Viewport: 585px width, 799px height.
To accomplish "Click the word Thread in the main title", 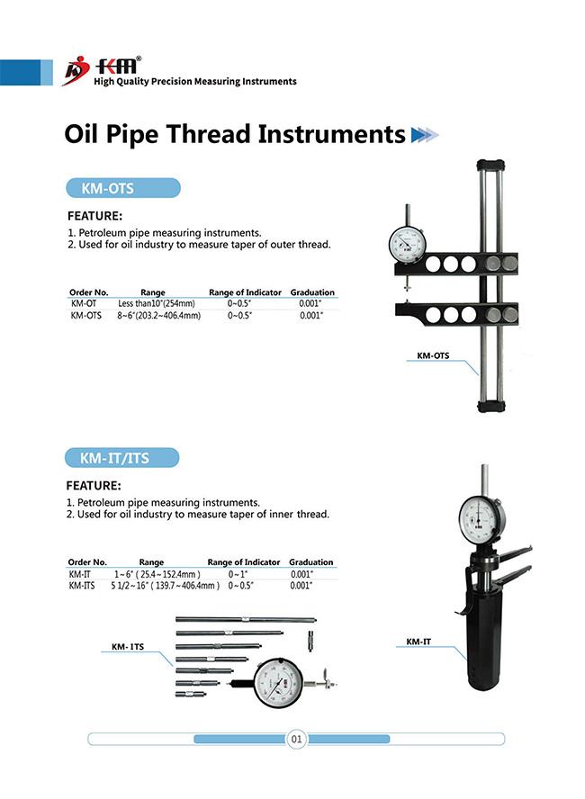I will (x=211, y=134).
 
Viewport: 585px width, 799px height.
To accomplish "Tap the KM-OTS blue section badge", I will (x=123, y=188).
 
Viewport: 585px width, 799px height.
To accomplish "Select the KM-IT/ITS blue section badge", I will (x=123, y=458).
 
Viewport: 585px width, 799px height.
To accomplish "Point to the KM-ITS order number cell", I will (x=84, y=585).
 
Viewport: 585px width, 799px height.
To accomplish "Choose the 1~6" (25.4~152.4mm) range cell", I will (x=157, y=574).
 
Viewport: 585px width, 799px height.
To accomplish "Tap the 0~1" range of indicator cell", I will (x=238, y=574).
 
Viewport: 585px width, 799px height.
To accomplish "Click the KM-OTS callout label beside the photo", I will (x=433, y=355).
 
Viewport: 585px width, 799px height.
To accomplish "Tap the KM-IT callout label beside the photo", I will (x=415, y=642).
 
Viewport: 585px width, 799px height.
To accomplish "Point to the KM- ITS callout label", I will (x=127, y=646).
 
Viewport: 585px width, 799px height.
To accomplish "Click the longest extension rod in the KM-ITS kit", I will (x=245, y=619).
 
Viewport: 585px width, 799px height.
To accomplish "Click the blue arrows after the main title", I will (x=424, y=135).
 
